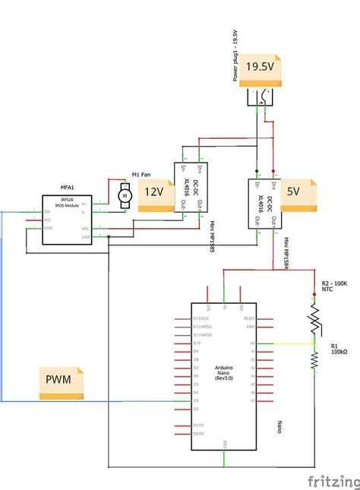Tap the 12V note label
pos(154,192)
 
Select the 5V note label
pos(293,192)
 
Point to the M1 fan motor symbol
pos(125,197)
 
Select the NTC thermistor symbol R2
pos(314,317)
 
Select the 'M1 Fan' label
pos(141,174)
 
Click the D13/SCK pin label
pos(202,318)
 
